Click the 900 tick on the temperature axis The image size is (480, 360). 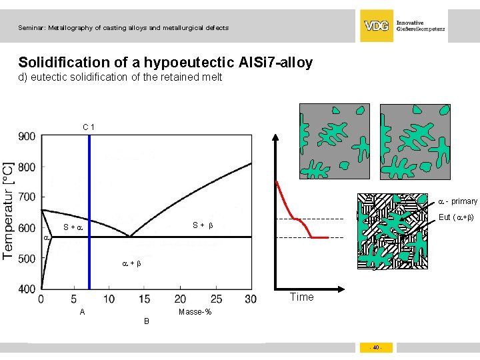coord(27,137)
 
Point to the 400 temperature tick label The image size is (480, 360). coord(27,289)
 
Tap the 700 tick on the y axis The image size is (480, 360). coord(27,197)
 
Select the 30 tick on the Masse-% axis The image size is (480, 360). coord(251,300)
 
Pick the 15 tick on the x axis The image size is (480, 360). coord(145,300)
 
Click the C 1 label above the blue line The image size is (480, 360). coord(89,127)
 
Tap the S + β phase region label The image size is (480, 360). coord(203,225)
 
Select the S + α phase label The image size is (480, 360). coord(72,228)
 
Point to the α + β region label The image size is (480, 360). coord(131,264)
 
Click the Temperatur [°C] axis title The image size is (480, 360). coord(9,210)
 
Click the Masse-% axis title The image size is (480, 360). coord(195,313)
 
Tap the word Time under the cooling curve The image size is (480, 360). coord(301,297)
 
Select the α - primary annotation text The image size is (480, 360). coord(457,201)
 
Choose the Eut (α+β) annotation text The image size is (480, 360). coord(455,217)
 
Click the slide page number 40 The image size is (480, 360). coord(376,347)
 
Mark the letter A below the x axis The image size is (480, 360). coord(82,312)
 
